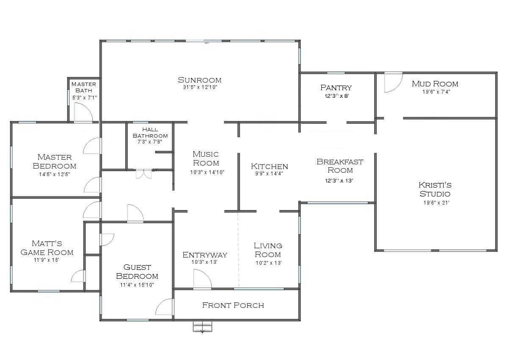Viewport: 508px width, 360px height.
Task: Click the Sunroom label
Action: click(199, 80)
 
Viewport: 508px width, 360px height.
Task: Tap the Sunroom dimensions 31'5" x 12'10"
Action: click(199, 87)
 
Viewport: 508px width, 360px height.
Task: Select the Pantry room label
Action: click(336, 88)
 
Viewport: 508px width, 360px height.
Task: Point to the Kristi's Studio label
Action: click(435, 189)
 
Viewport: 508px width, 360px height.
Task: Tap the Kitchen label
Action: click(269, 166)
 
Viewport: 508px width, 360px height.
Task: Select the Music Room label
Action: click(206, 159)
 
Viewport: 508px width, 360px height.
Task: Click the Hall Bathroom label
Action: click(150, 133)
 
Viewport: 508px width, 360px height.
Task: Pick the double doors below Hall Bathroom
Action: click(144, 174)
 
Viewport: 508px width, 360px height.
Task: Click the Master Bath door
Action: click(83, 113)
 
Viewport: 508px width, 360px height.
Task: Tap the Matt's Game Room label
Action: click(47, 248)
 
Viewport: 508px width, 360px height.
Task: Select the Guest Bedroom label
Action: click(137, 271)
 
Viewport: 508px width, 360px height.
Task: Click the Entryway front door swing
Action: click(202, 280)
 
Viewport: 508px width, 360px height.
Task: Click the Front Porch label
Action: click(233, 305)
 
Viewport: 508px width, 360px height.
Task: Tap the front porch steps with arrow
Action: click(202, 327)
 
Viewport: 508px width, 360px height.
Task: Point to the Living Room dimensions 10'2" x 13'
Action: click(268, 263)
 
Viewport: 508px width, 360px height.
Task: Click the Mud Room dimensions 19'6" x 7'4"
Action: click(435, 91)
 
